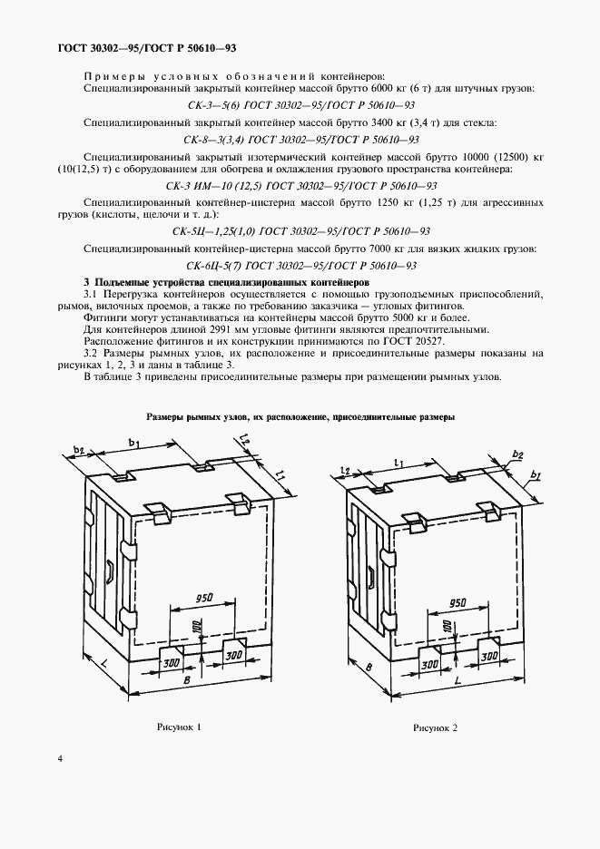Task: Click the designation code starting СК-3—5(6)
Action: tap(300, 105)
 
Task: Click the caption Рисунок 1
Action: tap(174, 727)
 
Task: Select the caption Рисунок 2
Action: tap(436, 727)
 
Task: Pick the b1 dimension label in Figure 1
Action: tap(133, 443)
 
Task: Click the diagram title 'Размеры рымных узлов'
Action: tap(300, 417)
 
